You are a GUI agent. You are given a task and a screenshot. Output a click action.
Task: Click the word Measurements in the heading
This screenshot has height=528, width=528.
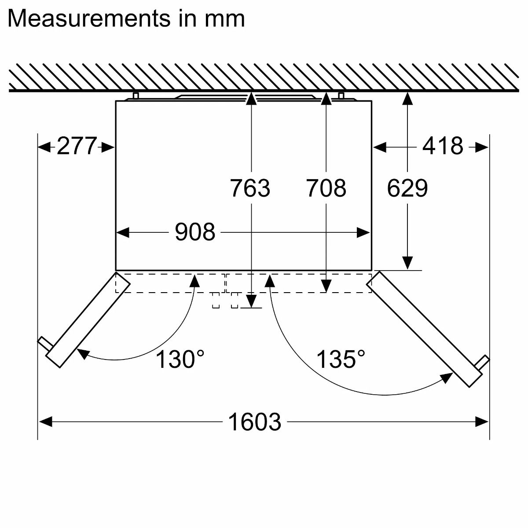88,18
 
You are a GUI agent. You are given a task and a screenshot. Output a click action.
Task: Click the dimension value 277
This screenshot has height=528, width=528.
77,146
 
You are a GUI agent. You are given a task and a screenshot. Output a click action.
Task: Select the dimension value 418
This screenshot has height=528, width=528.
443,146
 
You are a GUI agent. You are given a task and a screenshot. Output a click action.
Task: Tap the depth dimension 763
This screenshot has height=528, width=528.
250,188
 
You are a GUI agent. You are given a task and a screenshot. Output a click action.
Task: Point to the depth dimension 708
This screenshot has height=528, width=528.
326,188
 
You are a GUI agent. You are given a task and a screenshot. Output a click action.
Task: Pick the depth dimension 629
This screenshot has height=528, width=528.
407,188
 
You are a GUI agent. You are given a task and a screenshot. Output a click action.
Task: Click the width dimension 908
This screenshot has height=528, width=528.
195,232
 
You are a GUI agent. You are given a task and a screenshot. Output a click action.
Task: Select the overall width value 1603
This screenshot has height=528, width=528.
254,422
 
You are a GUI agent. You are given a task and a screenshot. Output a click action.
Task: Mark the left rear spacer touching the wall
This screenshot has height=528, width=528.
136,96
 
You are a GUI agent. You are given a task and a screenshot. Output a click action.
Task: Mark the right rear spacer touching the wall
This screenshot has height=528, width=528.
341,96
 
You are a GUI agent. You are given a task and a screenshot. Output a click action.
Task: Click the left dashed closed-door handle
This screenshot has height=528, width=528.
216,300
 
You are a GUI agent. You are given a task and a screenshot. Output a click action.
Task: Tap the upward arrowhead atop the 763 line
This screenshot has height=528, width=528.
250,99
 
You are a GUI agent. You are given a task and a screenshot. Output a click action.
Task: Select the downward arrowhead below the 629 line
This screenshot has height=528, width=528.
408,263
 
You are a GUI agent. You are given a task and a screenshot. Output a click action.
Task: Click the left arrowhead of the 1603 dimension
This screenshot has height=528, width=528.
45,422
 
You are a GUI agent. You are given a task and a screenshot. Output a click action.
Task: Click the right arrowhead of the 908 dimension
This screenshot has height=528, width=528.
363,232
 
